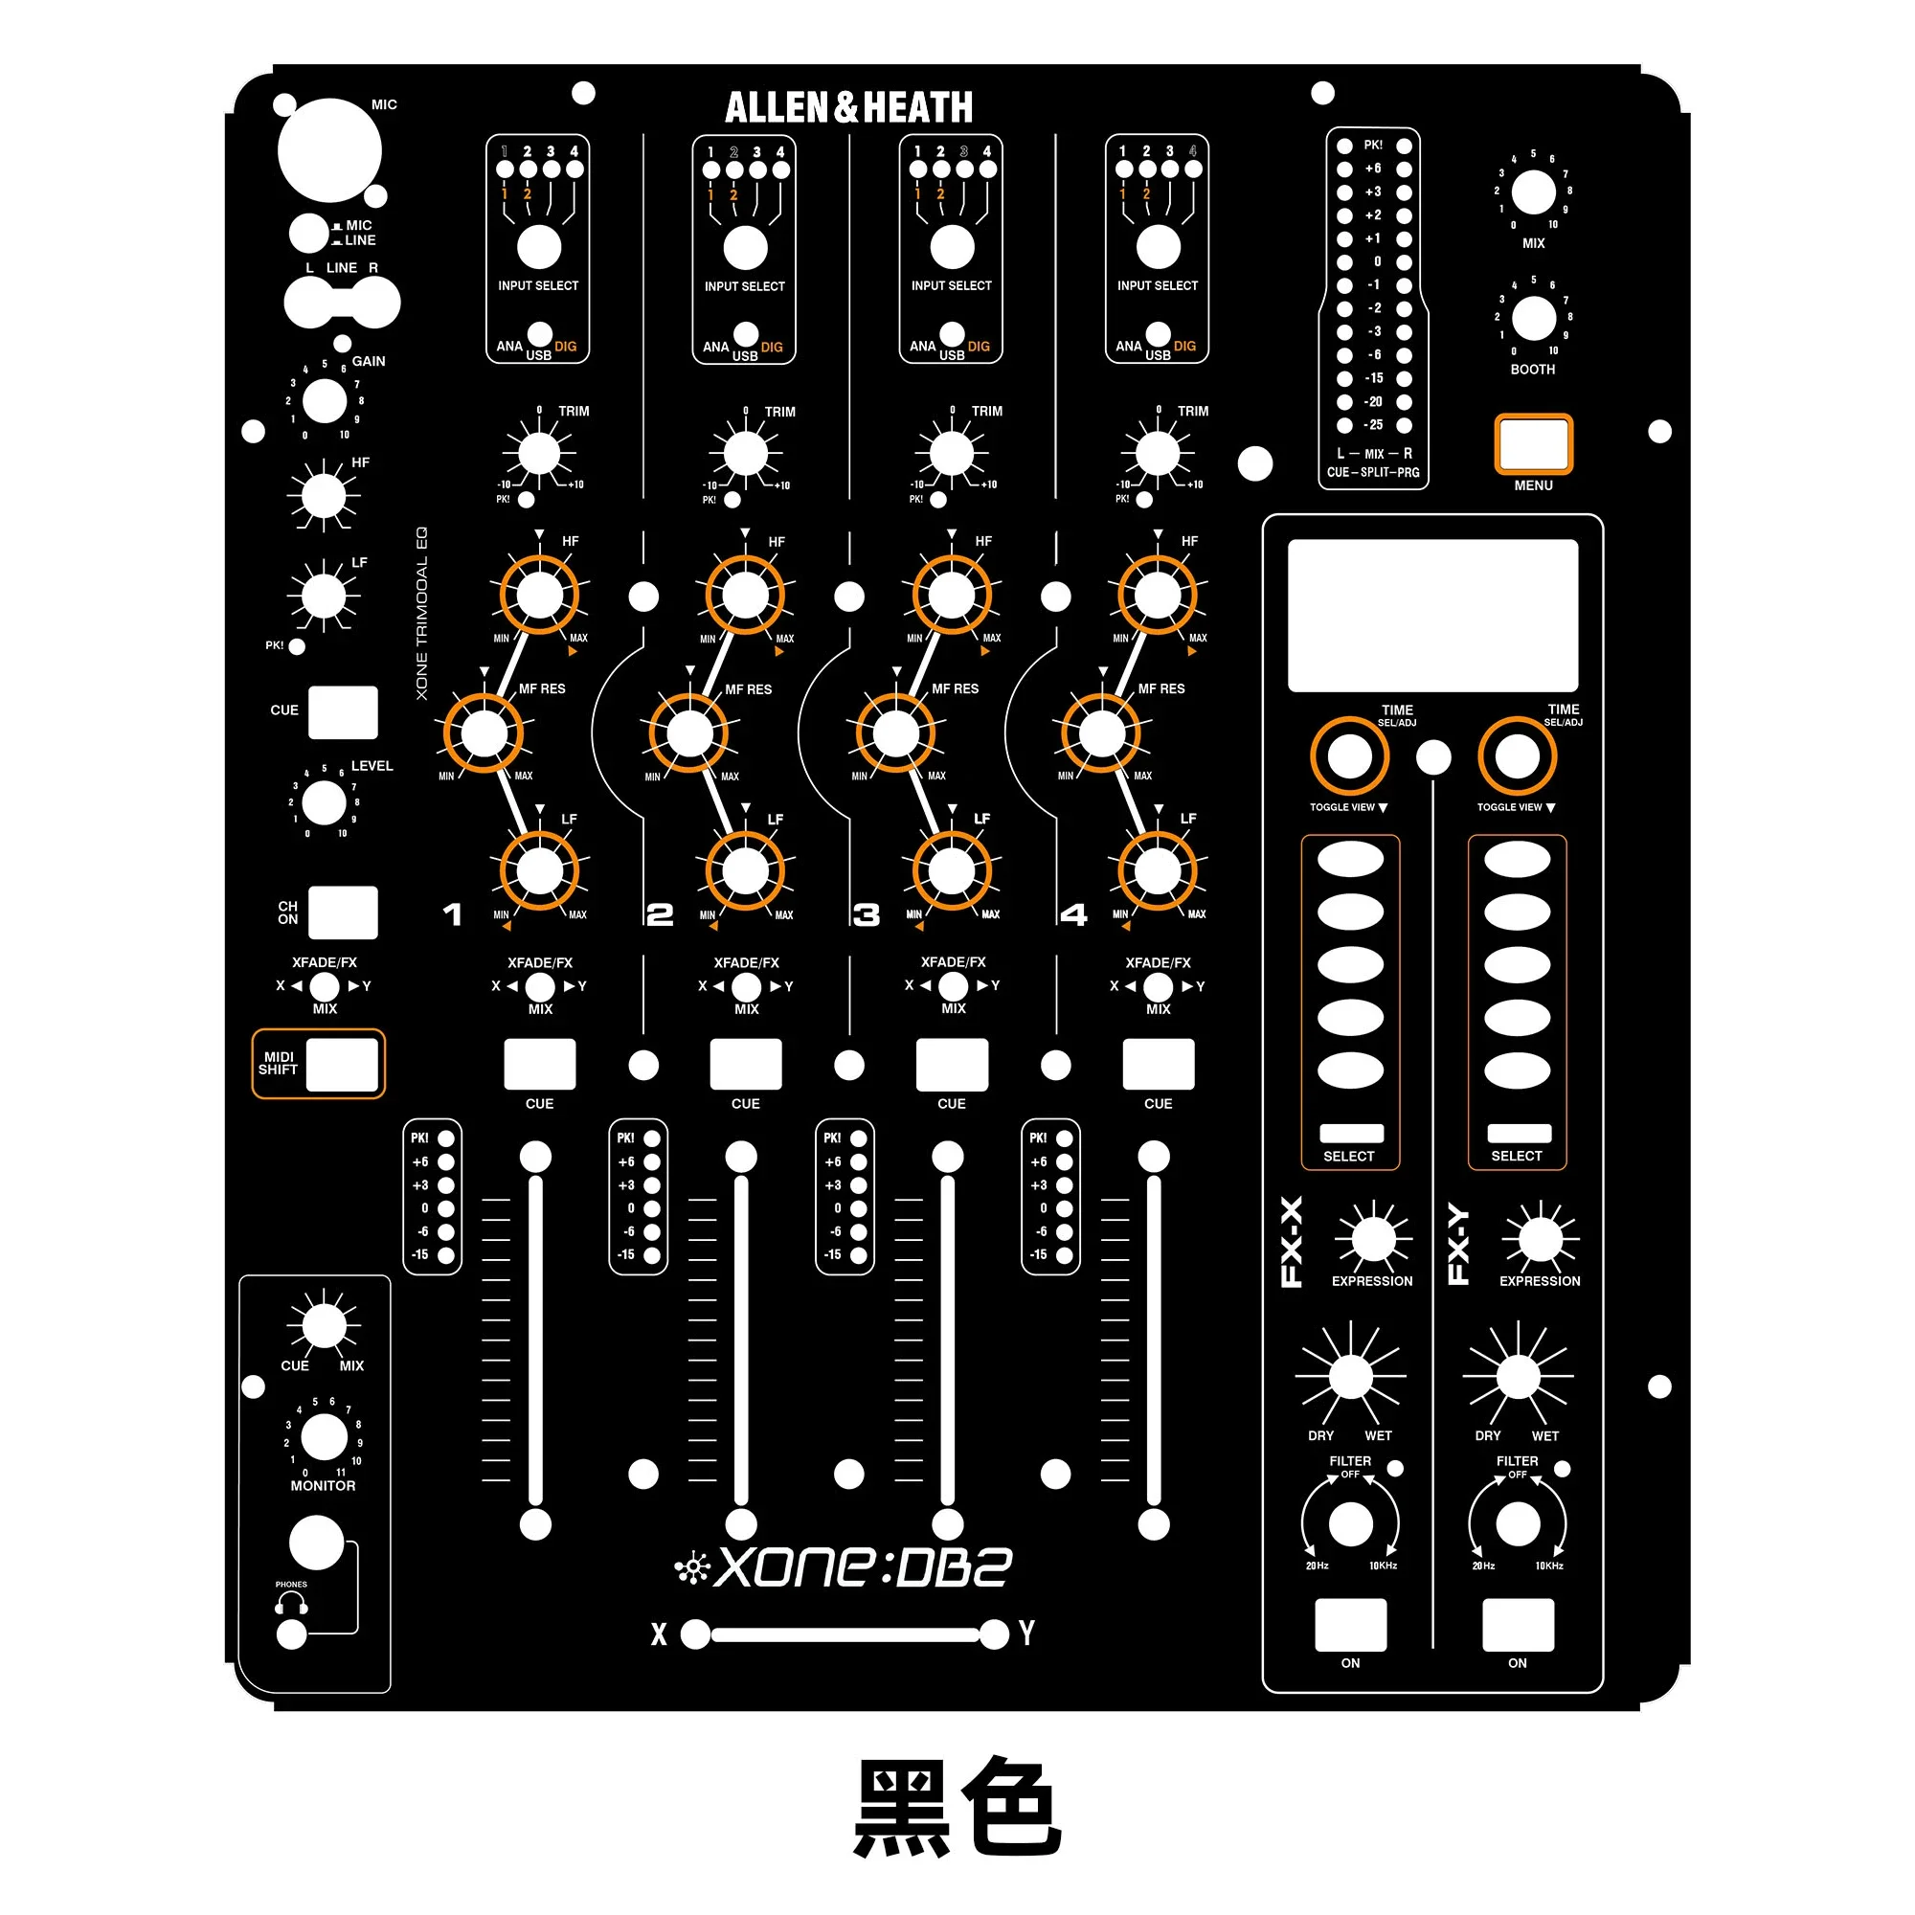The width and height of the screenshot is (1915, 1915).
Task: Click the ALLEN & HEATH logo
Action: tap(848, 107)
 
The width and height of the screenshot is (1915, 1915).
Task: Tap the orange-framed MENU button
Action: tap(1532, 444)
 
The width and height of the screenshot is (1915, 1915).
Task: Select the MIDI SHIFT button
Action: tap(342, 1065)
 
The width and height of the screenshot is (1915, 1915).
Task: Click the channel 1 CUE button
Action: tap(539, 1065)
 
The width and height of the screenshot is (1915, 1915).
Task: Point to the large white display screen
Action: tap(1432, 615)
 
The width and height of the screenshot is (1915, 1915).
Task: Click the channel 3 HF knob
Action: tap(952, 595)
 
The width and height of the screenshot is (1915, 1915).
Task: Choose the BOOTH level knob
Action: tap(1533, 318)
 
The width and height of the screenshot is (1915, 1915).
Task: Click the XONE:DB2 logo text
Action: tap(863, 1567)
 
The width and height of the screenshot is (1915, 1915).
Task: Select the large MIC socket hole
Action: tap(329, 150)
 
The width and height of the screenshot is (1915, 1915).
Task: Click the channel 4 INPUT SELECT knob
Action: tap(1158, 248)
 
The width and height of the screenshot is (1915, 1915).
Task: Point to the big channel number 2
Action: tap(659, 913)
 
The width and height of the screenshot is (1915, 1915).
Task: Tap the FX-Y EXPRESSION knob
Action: tap(1541, 1239)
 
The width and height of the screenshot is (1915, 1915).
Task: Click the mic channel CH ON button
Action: tap(343, 912)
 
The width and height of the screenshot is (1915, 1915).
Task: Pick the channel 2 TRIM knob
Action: tap(745, 454)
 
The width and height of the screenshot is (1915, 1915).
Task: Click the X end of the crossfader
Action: tap(696, 1634)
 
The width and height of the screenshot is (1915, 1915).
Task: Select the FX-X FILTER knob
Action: tap(1350, 1524)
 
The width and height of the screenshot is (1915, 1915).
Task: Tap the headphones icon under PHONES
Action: tap(291, 1602)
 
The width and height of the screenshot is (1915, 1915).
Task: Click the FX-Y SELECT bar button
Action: tap(1519, 1133)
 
